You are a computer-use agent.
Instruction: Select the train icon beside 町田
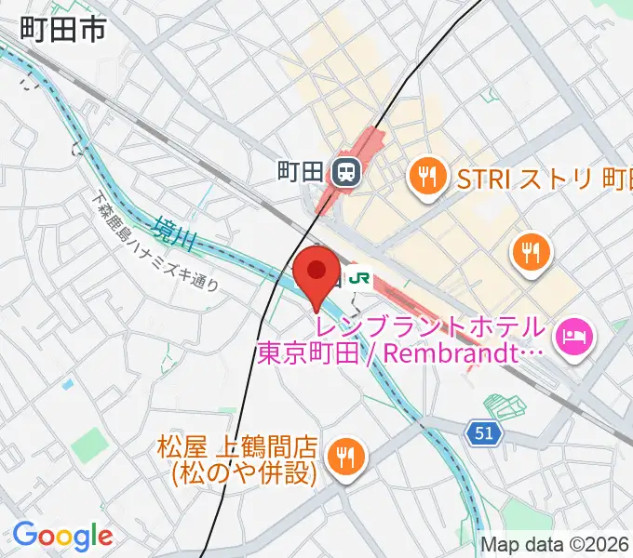[x=346, y=172]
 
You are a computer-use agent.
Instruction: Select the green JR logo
[x=359, y=276]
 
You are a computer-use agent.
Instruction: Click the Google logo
[x=62, y=536]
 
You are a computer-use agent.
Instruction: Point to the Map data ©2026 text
[x=554, y=545]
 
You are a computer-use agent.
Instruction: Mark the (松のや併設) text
[x=244, y=473]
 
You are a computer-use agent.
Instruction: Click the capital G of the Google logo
[x=25, y=535]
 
